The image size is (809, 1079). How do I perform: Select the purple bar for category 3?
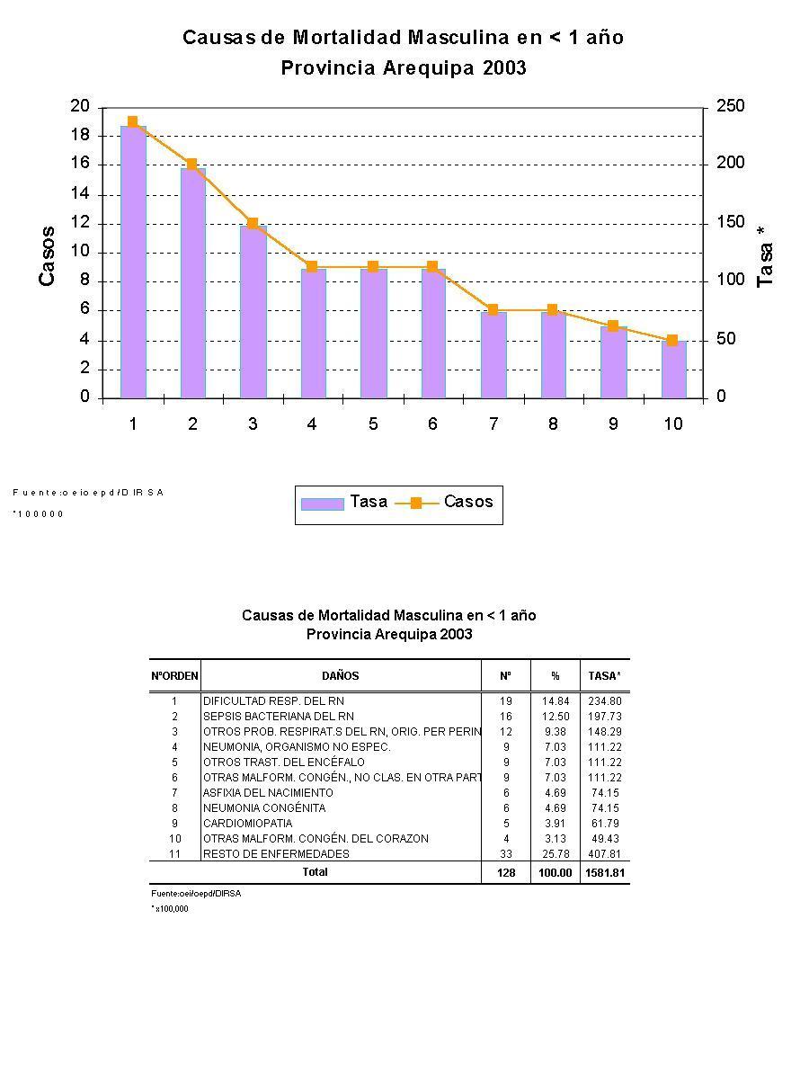click(x=253, y=311)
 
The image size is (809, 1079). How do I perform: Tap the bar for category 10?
click(x=673, y=370)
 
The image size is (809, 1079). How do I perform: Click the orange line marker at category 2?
click(x=191, y=165)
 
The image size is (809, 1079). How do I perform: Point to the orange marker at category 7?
click(x=493, y=309)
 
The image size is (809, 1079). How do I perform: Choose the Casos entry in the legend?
click(x=446, y=503)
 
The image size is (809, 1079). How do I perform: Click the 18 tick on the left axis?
click(x=80, y=136)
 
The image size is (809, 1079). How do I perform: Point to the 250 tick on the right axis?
click(x=731, y=107)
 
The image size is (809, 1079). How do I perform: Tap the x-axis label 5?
click(x=373, y=424)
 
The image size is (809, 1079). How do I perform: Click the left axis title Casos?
click(x=47, y=256)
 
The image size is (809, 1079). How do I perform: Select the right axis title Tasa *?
click(x=765, y=256)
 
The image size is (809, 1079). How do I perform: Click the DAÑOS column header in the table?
click(x=341, y=675)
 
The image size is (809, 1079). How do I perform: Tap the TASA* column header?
click(x=604, y=675)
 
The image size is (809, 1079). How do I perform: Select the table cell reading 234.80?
click(x=604, y=700)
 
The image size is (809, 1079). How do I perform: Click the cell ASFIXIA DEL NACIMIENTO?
click(x=268, y=793)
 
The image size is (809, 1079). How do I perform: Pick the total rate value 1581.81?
click(x=603, y=873)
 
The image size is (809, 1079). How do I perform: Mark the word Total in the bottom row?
click(x=316, y=872)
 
